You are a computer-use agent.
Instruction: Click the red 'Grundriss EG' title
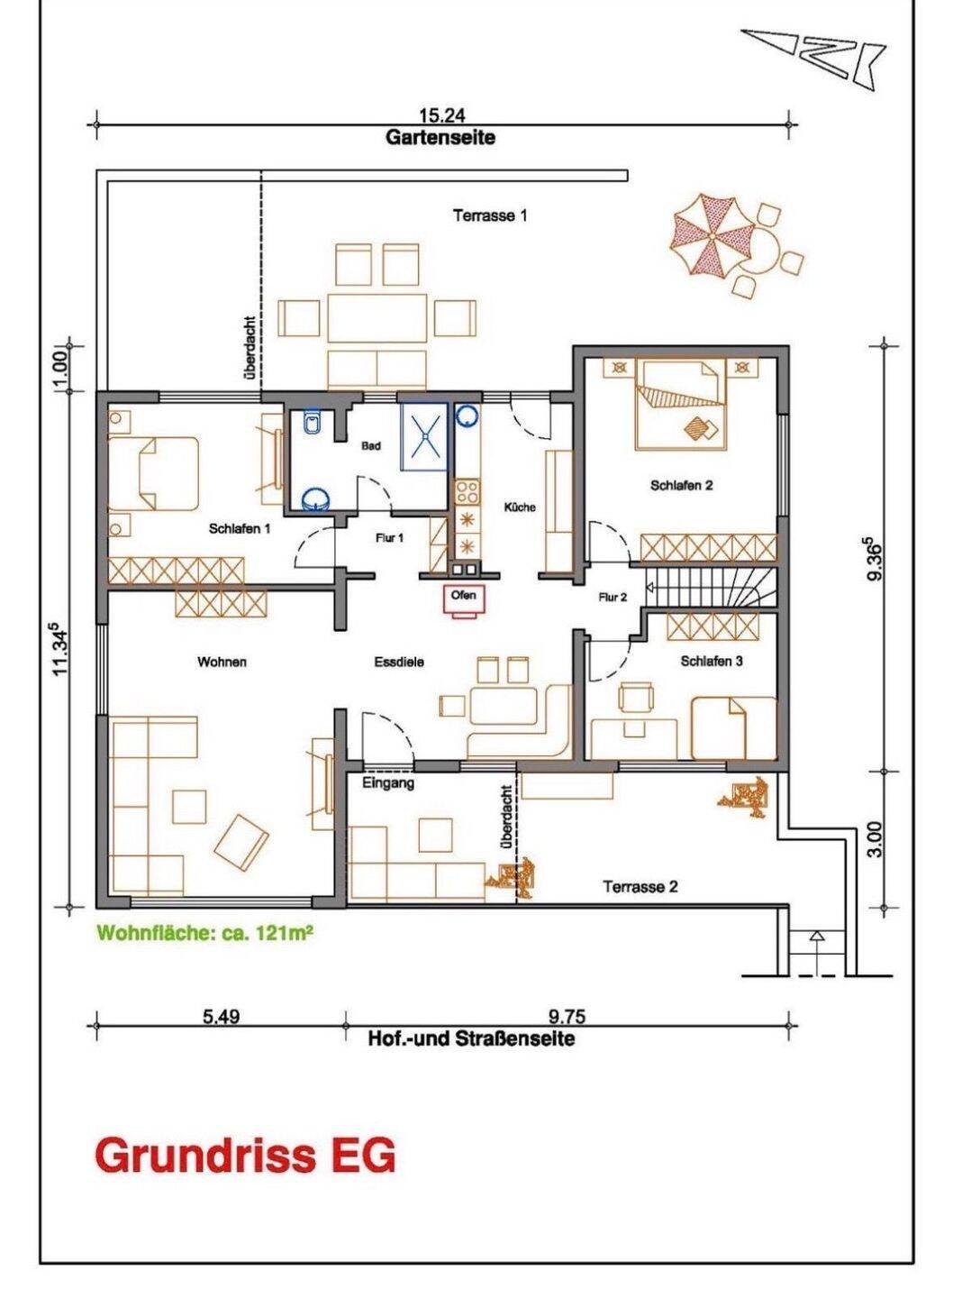(x=245, y=1155)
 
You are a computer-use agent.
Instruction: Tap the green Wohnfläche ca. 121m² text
(x=204, y=934)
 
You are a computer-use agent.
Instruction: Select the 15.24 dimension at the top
(x=442, y=115)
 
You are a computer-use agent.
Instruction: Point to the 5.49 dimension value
(x=221, y=1017)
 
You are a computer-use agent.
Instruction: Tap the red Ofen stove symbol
(x=464, y=599)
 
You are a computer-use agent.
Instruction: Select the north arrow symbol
(x=812, y=56)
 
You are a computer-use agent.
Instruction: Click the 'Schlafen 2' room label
(x=682, y=486)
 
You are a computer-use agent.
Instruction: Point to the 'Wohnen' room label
(x=222, y=662)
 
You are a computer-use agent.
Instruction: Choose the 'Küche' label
(x=520, y=507)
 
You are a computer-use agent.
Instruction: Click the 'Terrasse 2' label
(x=640, y=887)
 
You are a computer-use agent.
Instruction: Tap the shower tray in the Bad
(x=423, y=434)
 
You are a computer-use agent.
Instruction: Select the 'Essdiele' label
(x=399, y=662)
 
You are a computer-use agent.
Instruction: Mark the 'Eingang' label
(x=388, y=784)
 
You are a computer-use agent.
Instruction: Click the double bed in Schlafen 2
(x=681, y=403)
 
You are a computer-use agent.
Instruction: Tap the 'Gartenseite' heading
(x=440, y=138)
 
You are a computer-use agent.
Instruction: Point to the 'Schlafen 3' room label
(x=712, y=661)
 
